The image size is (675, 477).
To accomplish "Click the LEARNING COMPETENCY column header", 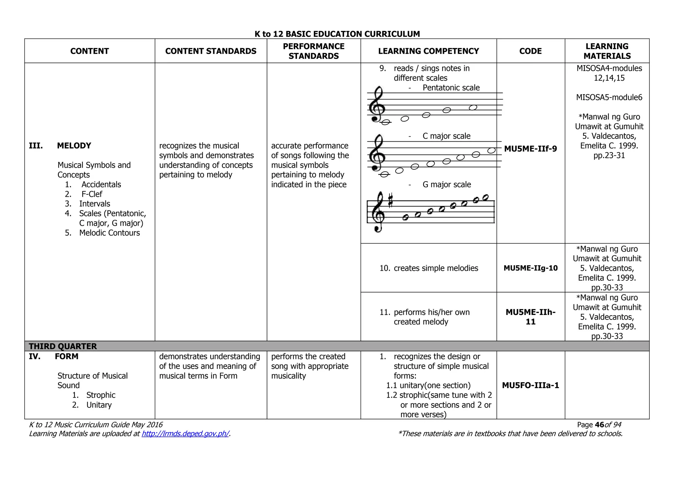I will (x=428, y=51).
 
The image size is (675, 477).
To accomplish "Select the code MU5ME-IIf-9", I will (x=530, y=149).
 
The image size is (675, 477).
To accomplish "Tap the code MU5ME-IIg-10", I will (x=530, y=268).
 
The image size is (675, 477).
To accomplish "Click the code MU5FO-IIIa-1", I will (x=530, y=385).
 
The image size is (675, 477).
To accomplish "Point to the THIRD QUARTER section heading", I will (x=63, y=346).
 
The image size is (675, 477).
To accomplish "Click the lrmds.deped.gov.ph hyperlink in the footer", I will (x=185, y=434).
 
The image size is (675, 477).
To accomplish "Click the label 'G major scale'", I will (x=447, y=184).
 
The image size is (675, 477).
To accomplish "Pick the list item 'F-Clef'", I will (x=92, y=194).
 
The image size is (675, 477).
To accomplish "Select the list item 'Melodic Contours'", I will (x=109, y=233).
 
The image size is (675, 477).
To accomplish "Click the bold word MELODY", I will (x=74, y=146).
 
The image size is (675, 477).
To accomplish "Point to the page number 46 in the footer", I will (x=600, y=425).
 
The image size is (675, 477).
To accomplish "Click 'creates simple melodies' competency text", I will (x=436, y=268).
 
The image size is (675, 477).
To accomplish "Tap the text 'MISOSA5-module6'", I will (x=609, y=98).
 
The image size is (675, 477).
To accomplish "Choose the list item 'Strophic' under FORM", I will (x=101, y=395).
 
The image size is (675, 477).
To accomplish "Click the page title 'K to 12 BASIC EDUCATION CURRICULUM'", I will (x=337, y=34).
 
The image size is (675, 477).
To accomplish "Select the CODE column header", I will (x=530, y=51).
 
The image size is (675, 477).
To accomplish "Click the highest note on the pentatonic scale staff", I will (x=473, y=107).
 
